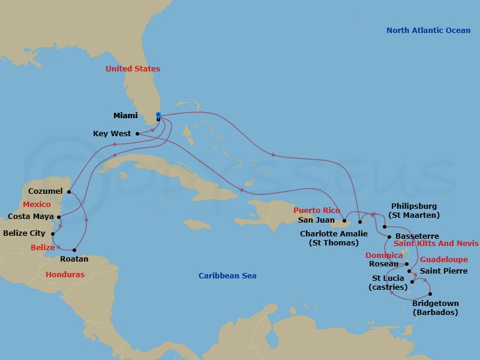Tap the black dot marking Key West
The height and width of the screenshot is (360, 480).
(137, 134)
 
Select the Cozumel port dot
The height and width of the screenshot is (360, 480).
(70, 192)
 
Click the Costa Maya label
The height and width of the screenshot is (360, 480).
(31, 217)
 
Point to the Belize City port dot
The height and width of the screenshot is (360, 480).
(53, 233)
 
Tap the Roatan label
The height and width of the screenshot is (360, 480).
(74, 259)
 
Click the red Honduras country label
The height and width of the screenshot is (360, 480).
(65, 274)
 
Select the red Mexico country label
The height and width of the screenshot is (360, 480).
(37, 205)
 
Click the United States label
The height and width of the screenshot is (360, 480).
(133, 69)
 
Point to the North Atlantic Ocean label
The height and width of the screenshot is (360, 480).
(428, 31)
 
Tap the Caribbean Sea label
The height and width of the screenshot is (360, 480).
(227, 276)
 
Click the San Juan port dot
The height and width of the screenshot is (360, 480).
(345, 220)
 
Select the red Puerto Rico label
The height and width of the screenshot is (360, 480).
(317, 211)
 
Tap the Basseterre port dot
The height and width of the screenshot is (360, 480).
(389, 236)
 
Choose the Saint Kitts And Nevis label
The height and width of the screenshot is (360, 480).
(436, 244)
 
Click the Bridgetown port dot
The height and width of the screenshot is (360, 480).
(430, 293)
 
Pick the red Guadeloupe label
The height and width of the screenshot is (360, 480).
(443, 260)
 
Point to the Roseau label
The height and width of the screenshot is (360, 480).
(385, 263)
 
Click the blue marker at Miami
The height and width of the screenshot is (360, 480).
(158, 115)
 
